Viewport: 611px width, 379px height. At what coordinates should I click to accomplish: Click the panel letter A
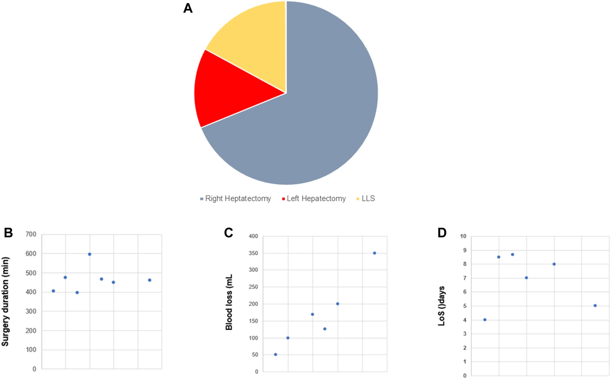[x=188, y=8]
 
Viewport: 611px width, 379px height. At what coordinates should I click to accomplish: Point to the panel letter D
[x=442, y=233]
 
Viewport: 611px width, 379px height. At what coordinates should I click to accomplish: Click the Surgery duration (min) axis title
[x=5, y=301]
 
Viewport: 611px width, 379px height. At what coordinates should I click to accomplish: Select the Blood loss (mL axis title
[x=229, y=302]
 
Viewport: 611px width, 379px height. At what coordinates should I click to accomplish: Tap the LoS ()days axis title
[x=442, y=306]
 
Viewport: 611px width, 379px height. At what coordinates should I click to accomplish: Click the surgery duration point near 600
[x=90, y=254]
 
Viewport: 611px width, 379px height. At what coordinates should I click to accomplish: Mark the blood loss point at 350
[x=374, y=253]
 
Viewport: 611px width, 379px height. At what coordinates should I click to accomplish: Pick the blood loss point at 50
[x=276, y=355]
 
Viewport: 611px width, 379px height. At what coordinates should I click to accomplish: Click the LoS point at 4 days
[x=485, y=320]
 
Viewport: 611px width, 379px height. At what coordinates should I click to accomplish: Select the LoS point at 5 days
[x=595, y=306]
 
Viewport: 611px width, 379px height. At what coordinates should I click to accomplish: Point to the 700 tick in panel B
[x=31, y=234]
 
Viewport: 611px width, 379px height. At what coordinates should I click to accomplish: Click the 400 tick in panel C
[x=253, y=236]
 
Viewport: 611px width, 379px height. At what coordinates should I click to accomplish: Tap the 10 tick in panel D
[x=463, y=236]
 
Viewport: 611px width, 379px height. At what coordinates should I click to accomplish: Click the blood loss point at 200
[x=338, y=304]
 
